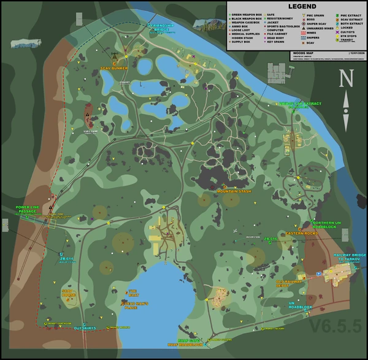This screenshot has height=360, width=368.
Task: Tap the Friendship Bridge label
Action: click(161, 27)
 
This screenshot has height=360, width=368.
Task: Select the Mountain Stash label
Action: click(234, 191)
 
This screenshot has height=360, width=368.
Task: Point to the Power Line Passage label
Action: click(28, 209)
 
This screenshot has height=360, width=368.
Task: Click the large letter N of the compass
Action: click(347, 78)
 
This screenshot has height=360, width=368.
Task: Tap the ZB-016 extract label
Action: click(270, 239)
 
